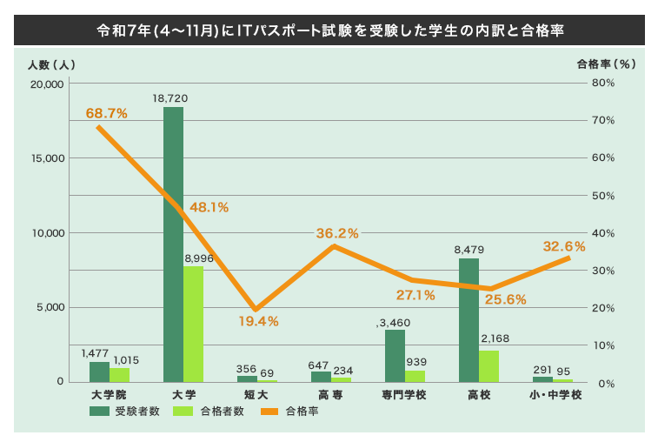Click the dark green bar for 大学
click(x=173, y=244)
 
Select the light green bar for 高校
click(x=489, y=366)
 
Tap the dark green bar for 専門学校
click(x=395, y=356)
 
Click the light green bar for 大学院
click(x=119, y=375)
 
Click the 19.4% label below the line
click(x=258, y=321)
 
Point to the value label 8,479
click(x=469, y=250)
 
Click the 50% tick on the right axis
click(x=604, y=196)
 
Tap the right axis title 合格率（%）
click(x=608, y=64)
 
